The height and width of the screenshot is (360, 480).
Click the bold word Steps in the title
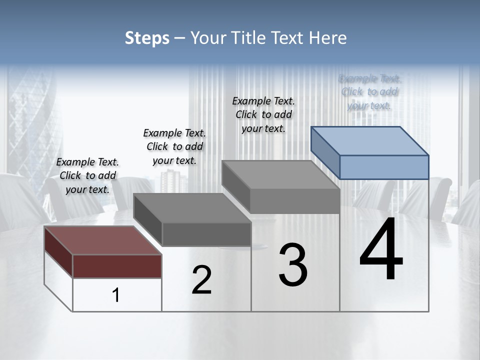point(146,38)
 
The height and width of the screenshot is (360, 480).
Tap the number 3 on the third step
point(293,265)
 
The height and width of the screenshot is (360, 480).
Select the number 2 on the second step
point(201,280)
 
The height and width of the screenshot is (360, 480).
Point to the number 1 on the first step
point(116,295)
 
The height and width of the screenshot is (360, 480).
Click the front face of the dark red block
point(117,266)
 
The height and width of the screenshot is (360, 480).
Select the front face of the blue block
point(384,167)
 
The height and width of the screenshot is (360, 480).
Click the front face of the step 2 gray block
point(206,234)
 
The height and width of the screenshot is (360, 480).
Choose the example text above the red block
point(87,175)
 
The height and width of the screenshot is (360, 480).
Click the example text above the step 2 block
point(174,146)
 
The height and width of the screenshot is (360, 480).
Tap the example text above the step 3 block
point(263,114)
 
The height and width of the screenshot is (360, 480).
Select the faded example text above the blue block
point(369,92)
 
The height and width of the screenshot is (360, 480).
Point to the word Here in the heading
point(328,38)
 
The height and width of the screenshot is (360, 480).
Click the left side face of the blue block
point(325,152)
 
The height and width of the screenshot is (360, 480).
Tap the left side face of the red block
point(58,251)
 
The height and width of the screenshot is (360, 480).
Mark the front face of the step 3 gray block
point(295,201)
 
